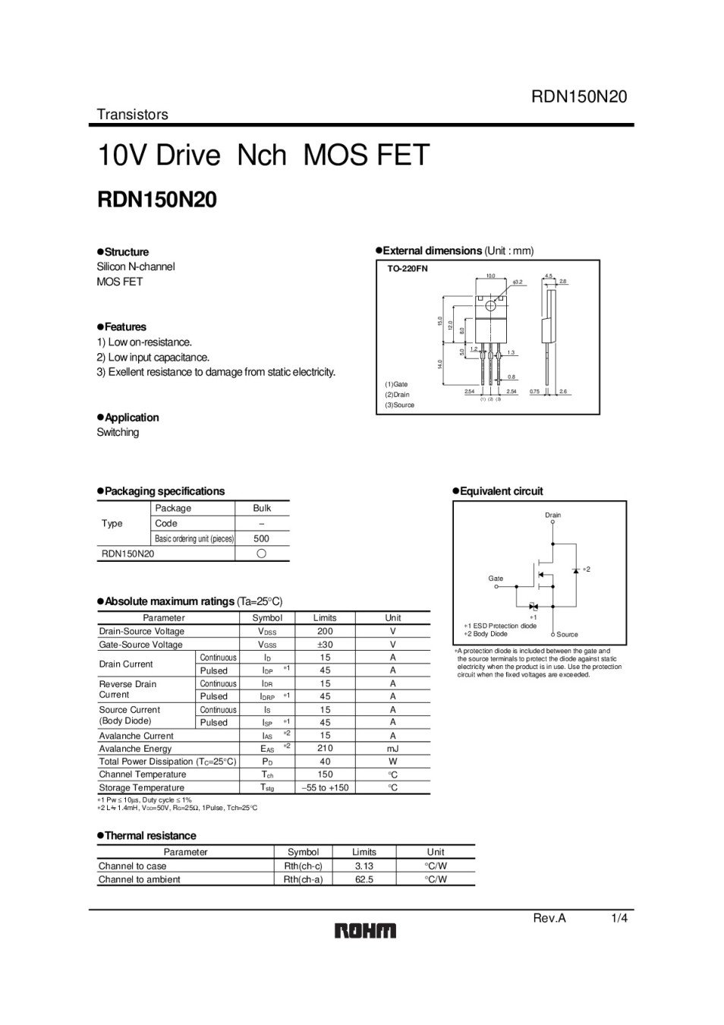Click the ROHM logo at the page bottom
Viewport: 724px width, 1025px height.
coord(365,930)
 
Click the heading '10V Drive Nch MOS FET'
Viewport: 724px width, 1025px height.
coord(263,156)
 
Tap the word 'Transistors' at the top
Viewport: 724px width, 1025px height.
coord(132,115)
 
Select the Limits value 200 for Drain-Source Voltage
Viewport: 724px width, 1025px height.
coord(325,631)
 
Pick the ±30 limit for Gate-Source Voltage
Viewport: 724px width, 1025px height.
coord(325,645)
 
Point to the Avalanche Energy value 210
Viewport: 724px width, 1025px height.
coord(325,748)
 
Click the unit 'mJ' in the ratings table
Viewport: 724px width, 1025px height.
coord(392,748)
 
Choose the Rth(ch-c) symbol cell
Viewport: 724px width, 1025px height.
coord(303,866)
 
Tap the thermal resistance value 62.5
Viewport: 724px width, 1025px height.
coord(364,879)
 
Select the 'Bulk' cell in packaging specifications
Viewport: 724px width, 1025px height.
coord(262,508)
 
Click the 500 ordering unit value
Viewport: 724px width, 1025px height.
coord(262,538)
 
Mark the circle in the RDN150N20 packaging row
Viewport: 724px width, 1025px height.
coord(262,553)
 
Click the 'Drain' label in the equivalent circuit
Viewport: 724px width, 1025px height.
coord(553,515)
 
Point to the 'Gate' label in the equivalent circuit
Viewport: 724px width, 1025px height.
coord(496,579)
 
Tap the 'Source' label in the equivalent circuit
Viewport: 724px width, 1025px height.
coord(567,634)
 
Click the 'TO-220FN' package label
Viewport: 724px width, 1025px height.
coord(408,269)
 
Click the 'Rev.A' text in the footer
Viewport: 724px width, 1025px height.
coord(549,918)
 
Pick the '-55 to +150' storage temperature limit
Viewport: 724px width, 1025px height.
coord(325,787)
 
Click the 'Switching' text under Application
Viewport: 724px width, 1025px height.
coord(118,432)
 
